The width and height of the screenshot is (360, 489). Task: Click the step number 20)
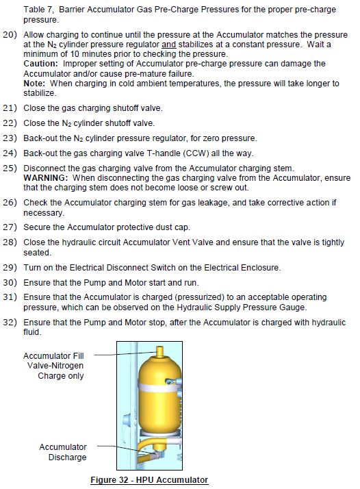pyautogui.click(x=10, y=35)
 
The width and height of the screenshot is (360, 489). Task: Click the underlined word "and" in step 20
pyautogui.click(x=168, y=45)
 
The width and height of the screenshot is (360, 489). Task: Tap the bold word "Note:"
pyautogui.click(x=34, y=84)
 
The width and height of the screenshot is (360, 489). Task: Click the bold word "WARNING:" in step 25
pyautogui.click(x=45, y=178)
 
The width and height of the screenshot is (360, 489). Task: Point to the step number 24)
pyautogui.click(x=10, y=153)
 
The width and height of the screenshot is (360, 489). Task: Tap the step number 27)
pyautogui.click(x=10, y=227)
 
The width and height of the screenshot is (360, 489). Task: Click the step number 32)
pyautogui.click(x=10, y=322)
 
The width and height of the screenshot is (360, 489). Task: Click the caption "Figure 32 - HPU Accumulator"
pyautogui.click(x=149, y=479)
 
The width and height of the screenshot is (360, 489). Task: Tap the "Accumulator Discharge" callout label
pyautogui.click(x=63, y=452)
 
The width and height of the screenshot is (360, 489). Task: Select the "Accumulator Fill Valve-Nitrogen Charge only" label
pyautogui.click(x=53, y=366)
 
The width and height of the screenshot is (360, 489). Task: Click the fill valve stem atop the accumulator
pyautogui.click(x=160, y=352)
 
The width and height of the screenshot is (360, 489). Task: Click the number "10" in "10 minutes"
pyautogui.click(x=75, y=54)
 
